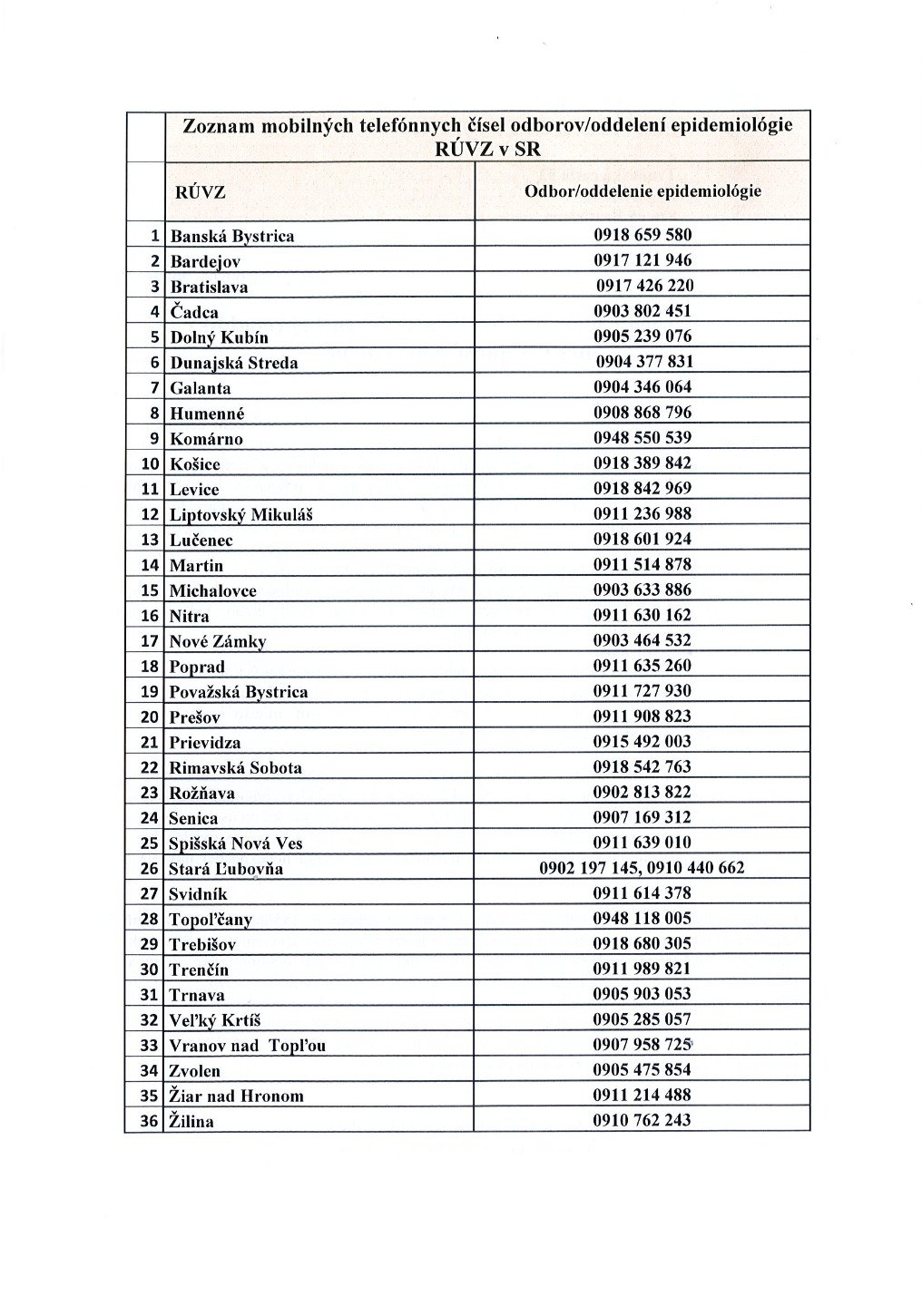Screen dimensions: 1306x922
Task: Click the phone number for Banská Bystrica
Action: pyautogui.click(x=642, y=235)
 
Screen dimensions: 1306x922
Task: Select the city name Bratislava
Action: pyautogui.click(x=209, y=287)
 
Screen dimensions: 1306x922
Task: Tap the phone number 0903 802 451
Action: pyautogui.click(x=642, y=311)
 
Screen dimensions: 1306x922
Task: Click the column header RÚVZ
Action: pyautogui.click(x=200, y=192)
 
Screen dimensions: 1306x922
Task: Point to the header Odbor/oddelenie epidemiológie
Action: pyautogui.click(x=642, y=191)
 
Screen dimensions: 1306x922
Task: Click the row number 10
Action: pyautogui.click(x=150, y=464)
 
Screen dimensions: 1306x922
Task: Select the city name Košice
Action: pyautogui.click(x=195, y=464)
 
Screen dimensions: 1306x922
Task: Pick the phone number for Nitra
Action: pyautogui.click(x=642, y=615)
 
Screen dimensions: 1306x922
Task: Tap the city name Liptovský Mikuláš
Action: pyautogui.click(x=241, y=515)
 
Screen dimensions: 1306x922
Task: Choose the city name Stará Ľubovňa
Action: pyautogui.click(x=226, y=869)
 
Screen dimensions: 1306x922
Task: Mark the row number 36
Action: pyautogui.click(x=149, y=1121)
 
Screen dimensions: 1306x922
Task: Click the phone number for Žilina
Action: pyautogui.click(x=642, y=1120)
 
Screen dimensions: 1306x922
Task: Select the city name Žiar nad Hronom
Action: pyautogui.click(x=237, y=1096)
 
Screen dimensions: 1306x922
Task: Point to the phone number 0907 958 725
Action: pyautogui.click(x=642, y=1045)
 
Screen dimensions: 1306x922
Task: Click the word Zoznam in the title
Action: pyautogui.click(x=219, y=126)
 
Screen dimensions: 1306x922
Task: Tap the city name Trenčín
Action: pyautogui.click(x=200, y=970)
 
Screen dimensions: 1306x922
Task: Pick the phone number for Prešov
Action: pyautogui.click(x=642, y=716)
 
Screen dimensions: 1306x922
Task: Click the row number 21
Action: pyautogui.click(x=150, y=742)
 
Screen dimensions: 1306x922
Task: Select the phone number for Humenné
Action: pyautogui.click(x=642, y=413)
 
